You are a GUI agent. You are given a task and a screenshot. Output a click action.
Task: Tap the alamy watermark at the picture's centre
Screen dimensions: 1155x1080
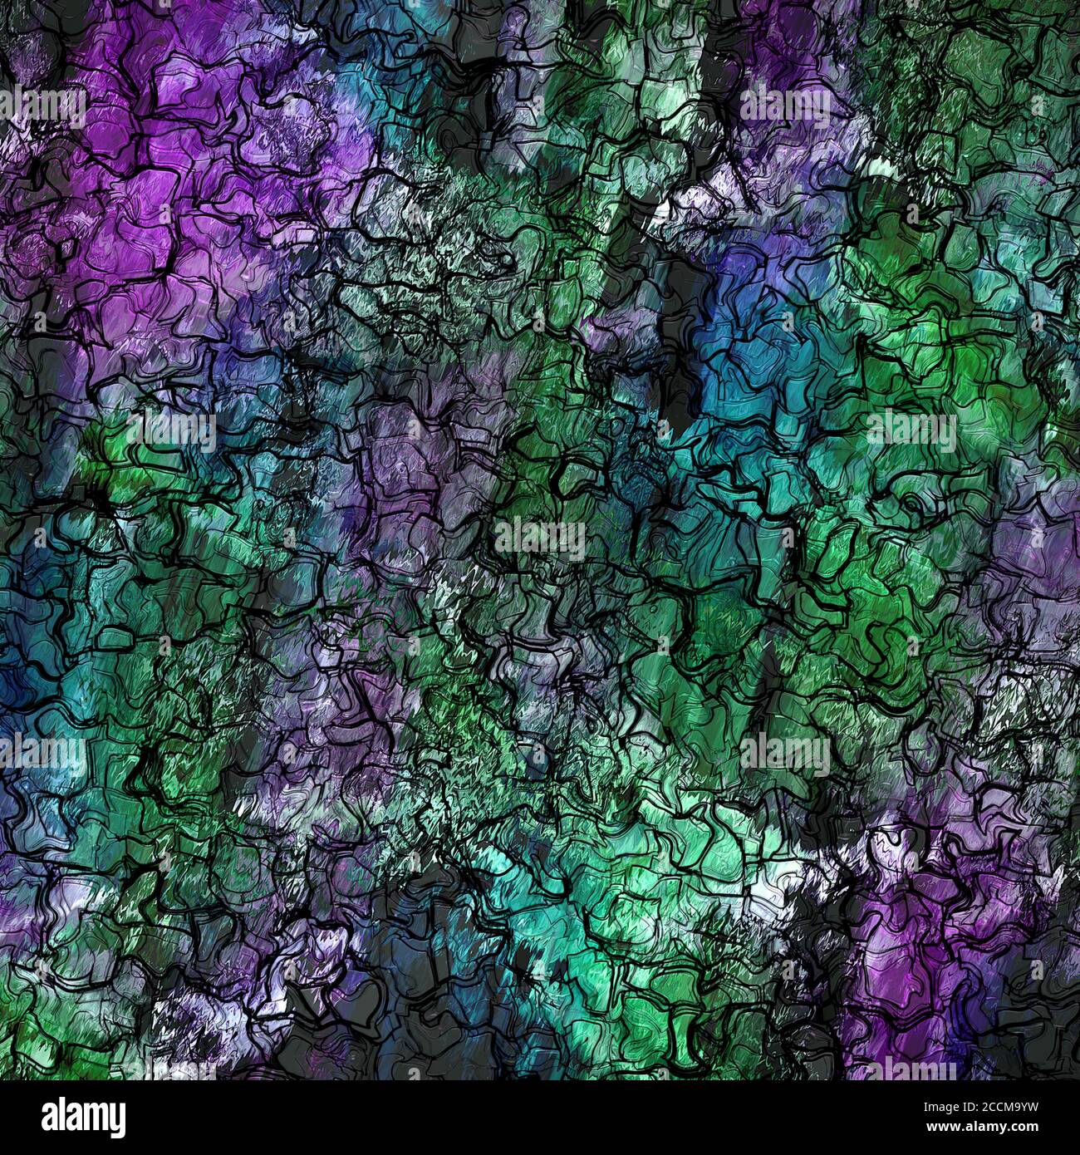tap(540, 538)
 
